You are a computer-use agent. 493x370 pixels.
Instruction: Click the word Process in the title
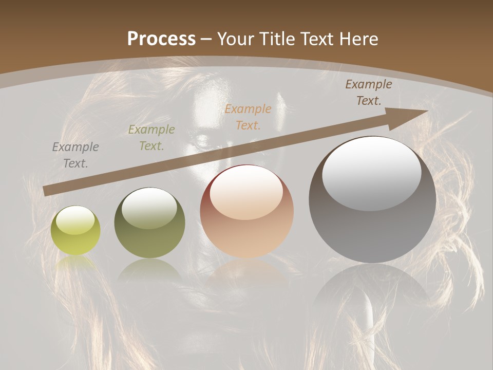click(x=161, y=39)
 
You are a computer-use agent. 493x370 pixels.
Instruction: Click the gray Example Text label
click(x=75, y=155)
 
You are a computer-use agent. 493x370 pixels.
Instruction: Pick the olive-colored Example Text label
click(x=151, y=137)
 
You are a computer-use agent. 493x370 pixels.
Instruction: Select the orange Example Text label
click(x=248, y=117)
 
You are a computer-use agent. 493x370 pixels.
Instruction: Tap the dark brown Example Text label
click(x=369, y=92)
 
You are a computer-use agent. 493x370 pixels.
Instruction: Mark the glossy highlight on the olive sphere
click(x=149, y=207)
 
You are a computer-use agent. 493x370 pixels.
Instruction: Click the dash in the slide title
click(x=206, y=39)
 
